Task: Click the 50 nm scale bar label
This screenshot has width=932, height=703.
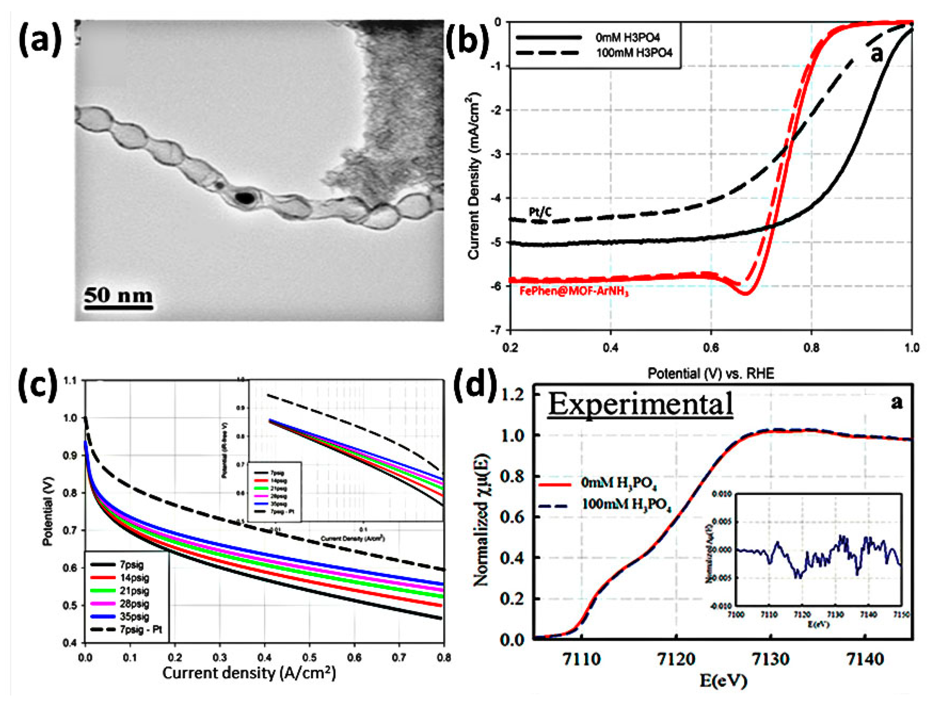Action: (x=118, y=295)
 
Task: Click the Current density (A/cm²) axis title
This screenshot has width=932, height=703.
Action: (x=249, y=673)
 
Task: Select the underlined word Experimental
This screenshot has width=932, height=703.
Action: (x=640, y=404)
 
